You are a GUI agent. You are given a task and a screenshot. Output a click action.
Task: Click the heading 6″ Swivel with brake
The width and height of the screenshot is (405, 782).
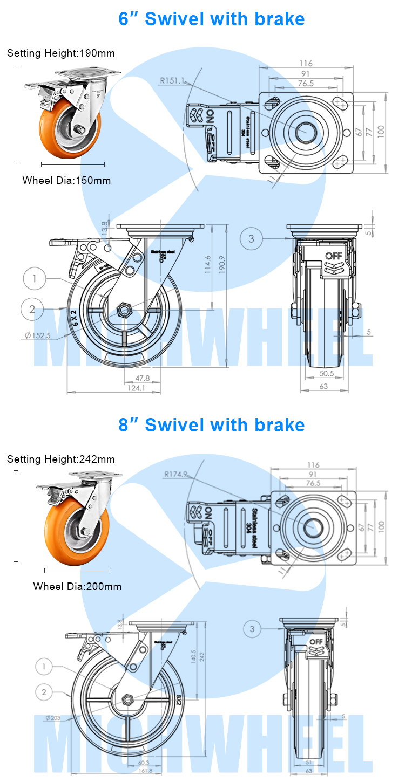(x=212, y=19)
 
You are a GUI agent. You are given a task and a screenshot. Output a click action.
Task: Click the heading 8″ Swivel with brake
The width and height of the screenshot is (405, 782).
(x=212, y=425)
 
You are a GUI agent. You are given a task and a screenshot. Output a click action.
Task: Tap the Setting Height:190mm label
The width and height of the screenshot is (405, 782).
(x=60, y=53)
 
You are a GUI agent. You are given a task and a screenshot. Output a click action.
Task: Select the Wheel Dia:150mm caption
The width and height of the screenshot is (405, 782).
(x=66, y=181)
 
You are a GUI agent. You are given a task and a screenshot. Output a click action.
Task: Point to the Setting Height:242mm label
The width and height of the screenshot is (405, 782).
(x=60, y=459)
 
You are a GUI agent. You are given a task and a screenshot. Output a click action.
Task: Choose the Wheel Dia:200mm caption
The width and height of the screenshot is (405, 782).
(x=77, y=586)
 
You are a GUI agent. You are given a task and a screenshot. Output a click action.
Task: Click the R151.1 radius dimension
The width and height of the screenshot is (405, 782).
(x=172, y=81)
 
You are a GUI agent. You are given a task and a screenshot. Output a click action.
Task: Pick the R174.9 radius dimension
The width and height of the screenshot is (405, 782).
(x=177, y=475)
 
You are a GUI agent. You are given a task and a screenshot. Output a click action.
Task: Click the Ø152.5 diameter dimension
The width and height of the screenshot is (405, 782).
(x=37, y=335)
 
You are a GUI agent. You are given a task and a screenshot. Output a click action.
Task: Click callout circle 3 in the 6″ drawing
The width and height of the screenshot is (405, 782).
(x=252, y=238)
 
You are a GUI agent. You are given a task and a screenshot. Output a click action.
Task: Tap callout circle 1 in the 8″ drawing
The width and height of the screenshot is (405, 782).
(x=45, y=667)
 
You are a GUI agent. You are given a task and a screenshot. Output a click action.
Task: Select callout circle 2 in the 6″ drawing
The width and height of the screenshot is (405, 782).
(x=32, y=309)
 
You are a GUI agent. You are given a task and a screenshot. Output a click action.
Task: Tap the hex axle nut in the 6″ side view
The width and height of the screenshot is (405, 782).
(x=125, y=310)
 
